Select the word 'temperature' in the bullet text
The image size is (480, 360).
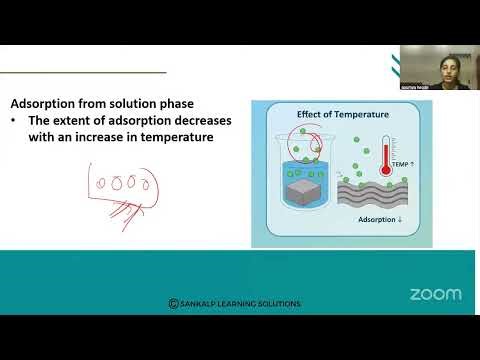click(x=178, y=137)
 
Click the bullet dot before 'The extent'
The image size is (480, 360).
click(x=16, y=120)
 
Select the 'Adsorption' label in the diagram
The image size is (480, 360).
click(x=381, y=218)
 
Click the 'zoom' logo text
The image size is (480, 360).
click(x=436, y=294)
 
